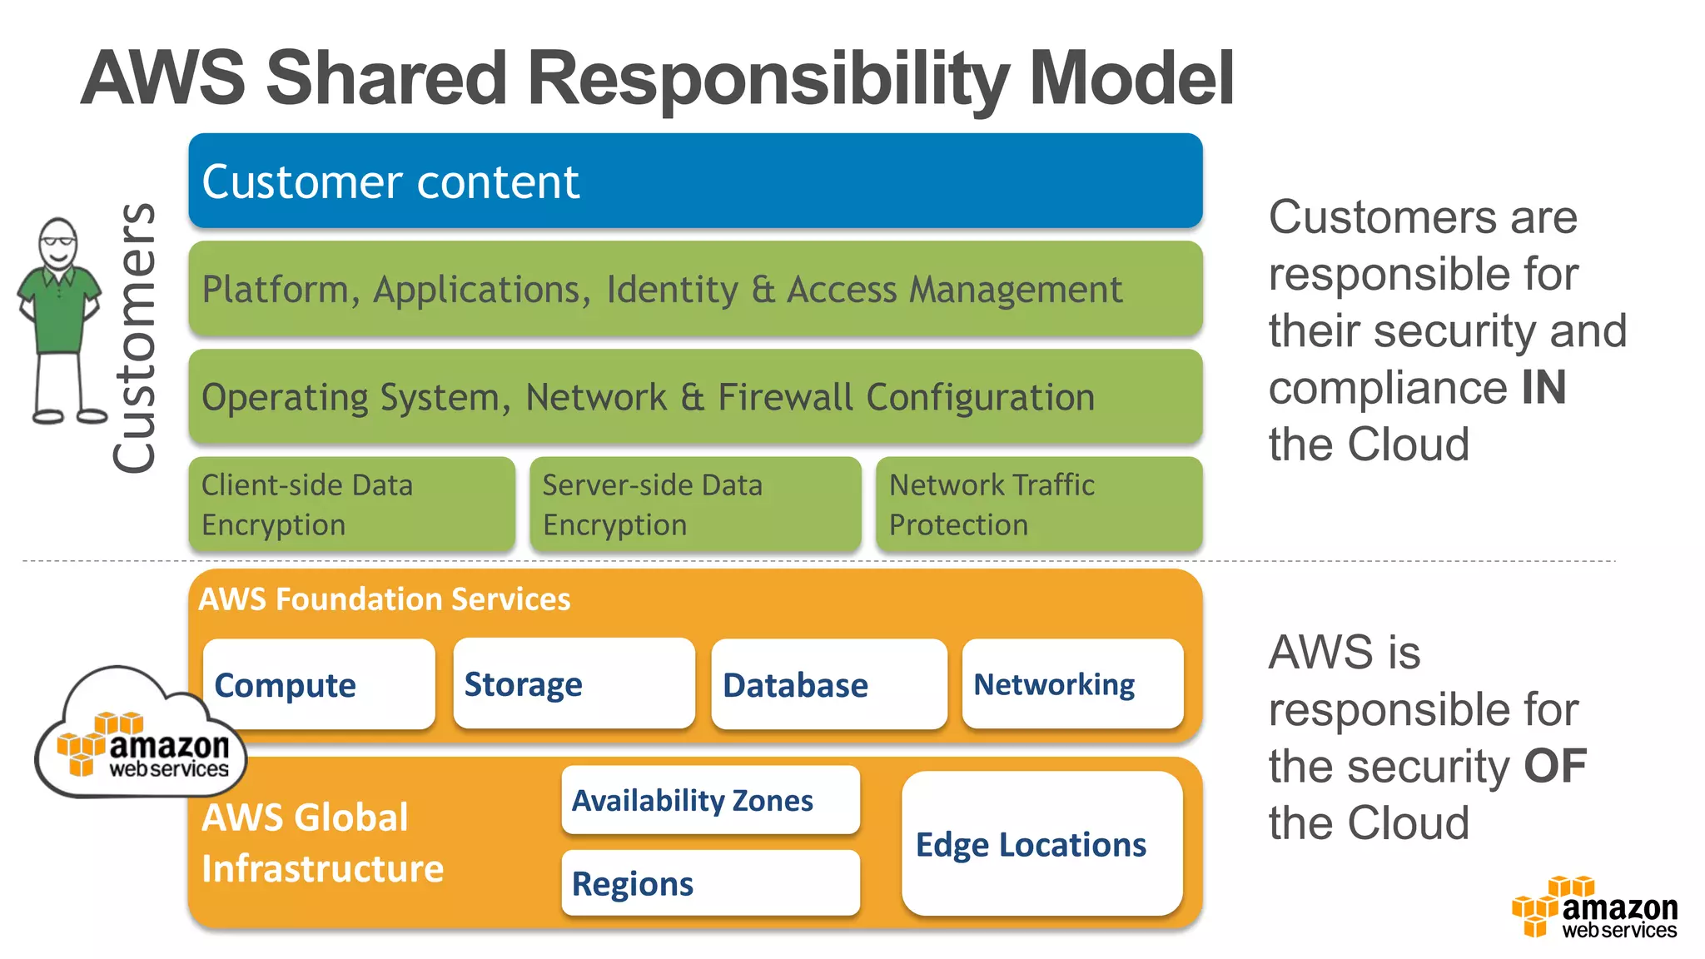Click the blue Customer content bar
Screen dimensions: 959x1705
(695, 181)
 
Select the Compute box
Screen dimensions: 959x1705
(319, 684)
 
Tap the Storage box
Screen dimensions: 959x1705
(574, 683)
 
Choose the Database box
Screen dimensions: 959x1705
(829, 684)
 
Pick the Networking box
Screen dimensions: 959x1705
(1072, 683)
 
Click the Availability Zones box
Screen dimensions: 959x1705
(710, 800)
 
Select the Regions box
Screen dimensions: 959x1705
(710, 883)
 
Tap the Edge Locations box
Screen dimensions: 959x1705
(1041, 844)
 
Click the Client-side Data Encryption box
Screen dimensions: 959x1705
(351, 504)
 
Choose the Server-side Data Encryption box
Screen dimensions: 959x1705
(695, 504)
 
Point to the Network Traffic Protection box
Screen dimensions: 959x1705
(1039, 504)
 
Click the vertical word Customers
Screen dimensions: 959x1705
(135, 337)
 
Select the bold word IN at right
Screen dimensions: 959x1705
(1543, 388)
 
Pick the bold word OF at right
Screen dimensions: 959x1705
(1554, 766)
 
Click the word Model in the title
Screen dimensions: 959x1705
(1131, 78)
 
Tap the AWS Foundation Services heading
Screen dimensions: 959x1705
(385, 599)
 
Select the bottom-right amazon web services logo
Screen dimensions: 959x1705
(1594, 909)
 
